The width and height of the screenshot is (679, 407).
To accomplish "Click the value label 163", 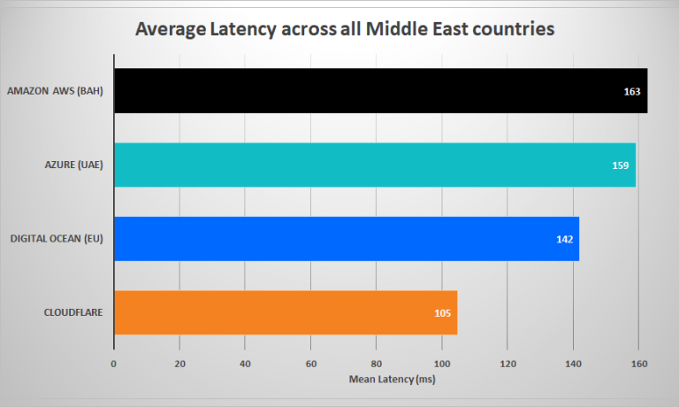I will click(631, 92).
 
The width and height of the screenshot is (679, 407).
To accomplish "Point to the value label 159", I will click(620, 165).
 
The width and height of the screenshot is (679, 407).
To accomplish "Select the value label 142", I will click(564, 240).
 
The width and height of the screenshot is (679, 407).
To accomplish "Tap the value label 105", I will click(442, 313).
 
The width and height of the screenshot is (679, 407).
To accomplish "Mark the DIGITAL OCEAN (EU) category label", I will click(61, 239).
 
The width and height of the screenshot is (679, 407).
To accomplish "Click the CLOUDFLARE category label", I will click(75, 312).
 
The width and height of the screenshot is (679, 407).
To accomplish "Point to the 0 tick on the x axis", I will click(114, 363).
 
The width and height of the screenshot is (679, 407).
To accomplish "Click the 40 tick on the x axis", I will click(245, 363).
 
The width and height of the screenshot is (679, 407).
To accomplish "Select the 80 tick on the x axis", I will click(377, 363).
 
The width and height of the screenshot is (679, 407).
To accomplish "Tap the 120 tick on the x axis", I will click(507, 363).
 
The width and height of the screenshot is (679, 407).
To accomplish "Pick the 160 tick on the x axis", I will click(638, 363).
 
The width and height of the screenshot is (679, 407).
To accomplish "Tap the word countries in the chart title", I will click(510, 30).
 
